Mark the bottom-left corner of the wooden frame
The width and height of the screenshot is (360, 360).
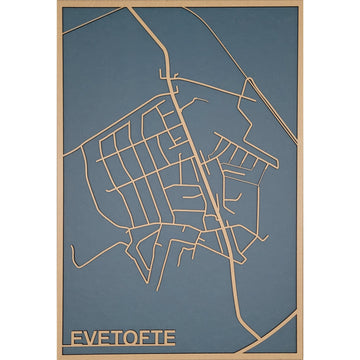[57, 355]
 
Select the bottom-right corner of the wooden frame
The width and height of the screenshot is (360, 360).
[303, 355]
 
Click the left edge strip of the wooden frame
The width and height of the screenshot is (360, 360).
[58, 180]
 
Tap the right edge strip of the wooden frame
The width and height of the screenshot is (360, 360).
[302, 180]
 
